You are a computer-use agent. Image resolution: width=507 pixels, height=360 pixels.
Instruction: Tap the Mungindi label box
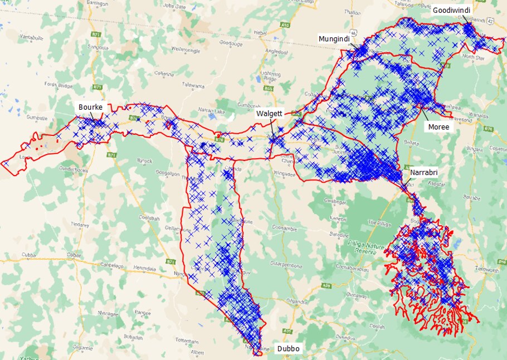click(333, 38)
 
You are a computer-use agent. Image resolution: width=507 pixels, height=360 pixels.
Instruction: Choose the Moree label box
click(438, 127)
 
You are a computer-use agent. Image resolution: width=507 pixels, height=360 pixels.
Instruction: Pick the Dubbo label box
click(288, 349)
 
